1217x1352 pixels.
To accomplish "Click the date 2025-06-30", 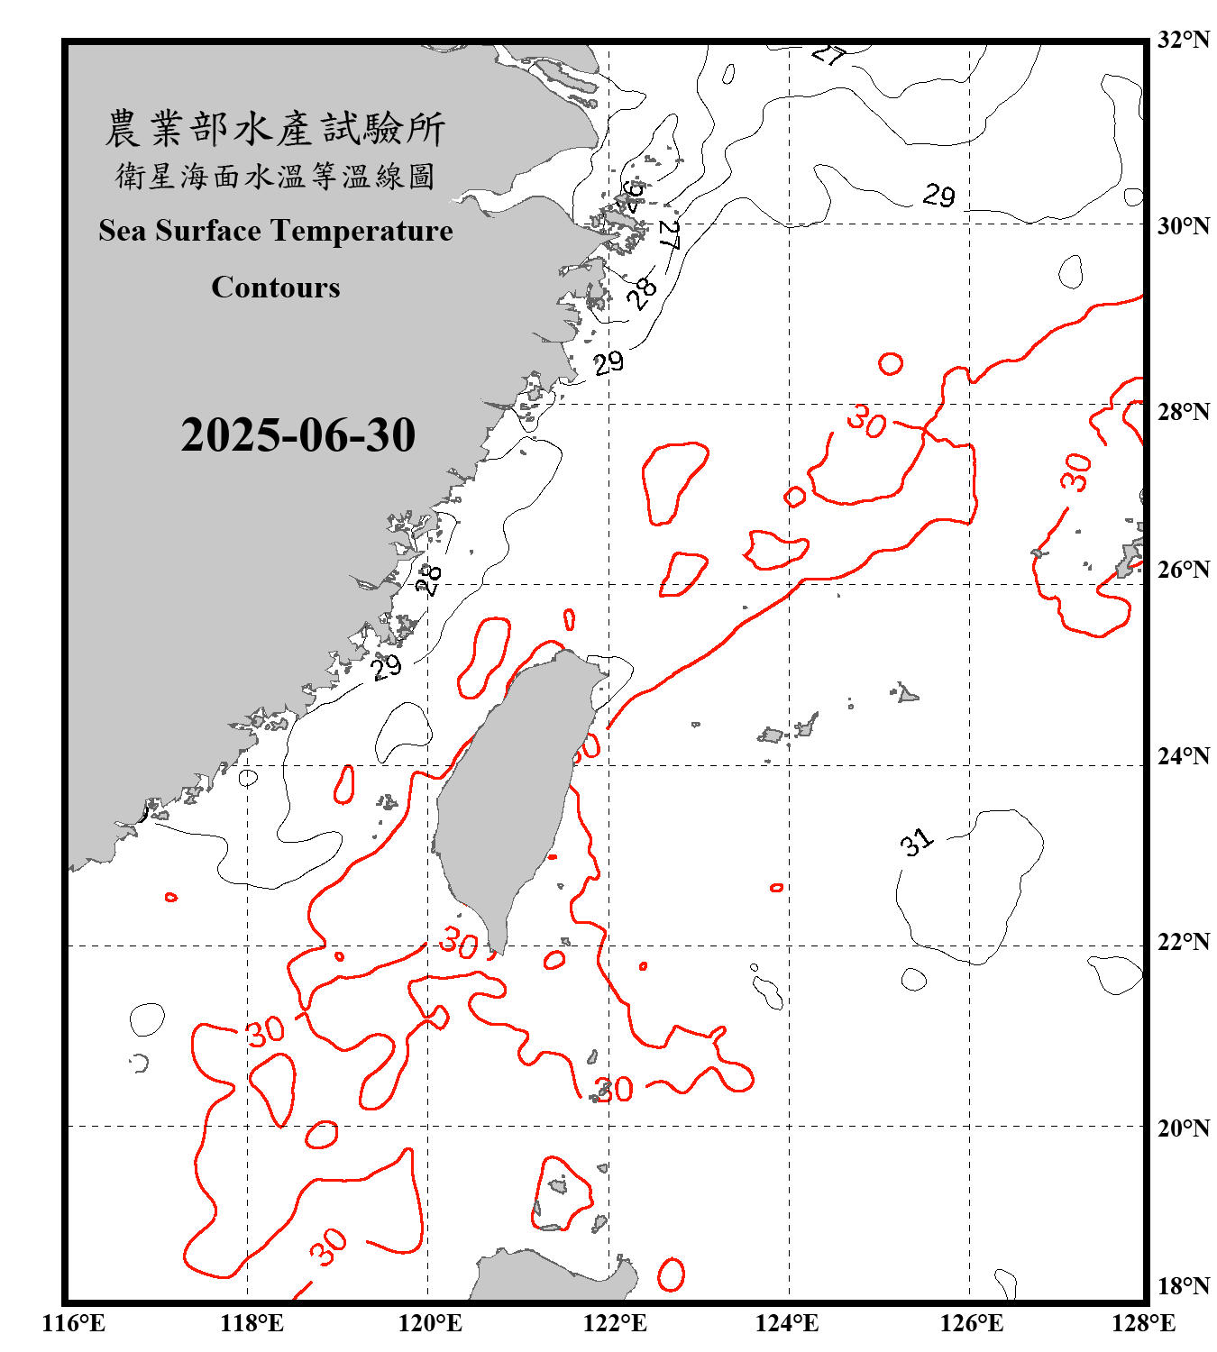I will (297, 435).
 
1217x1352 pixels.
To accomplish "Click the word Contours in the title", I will (275, 287).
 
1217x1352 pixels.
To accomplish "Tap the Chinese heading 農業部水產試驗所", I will (275, 128).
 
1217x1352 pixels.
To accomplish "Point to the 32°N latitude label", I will (1183, 40).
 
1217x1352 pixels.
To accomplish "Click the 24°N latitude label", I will (1183, 755).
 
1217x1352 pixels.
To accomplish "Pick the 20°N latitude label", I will (1183, 1128).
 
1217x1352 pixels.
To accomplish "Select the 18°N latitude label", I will (1183, 1286).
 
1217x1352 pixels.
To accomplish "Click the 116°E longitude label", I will (74, 1323).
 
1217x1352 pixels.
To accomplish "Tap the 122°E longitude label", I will (615, 1323).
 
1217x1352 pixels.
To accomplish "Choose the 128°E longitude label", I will (1143, 1323).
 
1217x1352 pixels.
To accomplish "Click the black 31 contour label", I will (916, 843).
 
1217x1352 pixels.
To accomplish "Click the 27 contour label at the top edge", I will (828, 54).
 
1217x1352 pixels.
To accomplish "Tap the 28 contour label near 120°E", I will (429, 580).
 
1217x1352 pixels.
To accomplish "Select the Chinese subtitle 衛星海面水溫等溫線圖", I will (275, 176).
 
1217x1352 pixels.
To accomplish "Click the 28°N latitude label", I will (1183, 412).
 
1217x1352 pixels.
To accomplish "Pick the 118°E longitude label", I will (252, 1323).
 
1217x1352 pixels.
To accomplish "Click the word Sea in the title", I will (123, 231).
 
